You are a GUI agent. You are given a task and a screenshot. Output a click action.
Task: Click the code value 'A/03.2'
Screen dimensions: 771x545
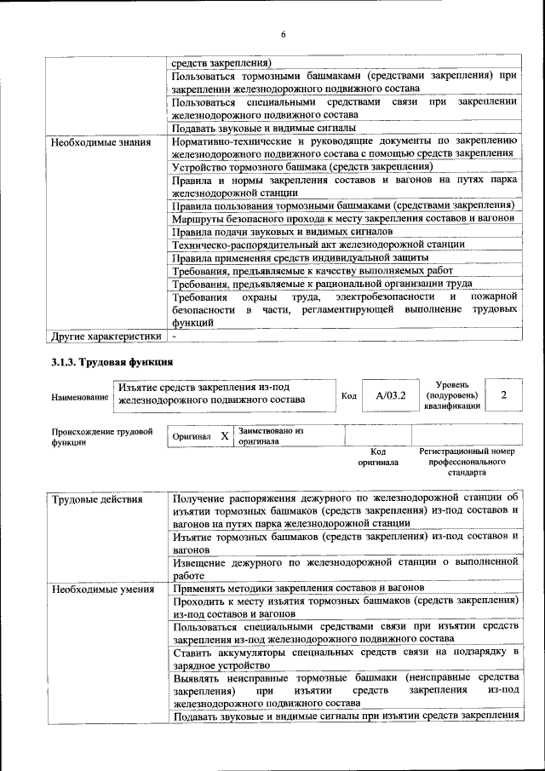click(391, 396)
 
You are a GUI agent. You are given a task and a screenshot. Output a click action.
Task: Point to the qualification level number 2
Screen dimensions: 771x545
click(504, 395)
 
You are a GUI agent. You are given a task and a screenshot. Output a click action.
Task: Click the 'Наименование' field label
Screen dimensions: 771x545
click(79, 397)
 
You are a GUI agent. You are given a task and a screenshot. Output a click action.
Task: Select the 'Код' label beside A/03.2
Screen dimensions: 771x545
click(348, 396)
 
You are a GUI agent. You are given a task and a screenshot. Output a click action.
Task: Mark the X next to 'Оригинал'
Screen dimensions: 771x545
click(225, 435)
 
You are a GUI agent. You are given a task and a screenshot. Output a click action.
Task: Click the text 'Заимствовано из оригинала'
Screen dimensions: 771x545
click(271, 436)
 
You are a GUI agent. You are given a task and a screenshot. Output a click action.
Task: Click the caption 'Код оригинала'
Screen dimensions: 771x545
click(378, 457)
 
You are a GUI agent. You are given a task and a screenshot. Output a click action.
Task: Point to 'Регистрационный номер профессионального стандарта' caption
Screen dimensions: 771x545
click(467, 461)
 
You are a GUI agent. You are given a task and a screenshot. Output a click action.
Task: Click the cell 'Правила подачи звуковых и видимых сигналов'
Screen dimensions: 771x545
click(282, 231)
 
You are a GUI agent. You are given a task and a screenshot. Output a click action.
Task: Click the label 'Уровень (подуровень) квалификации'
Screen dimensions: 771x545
click(452, 395)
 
